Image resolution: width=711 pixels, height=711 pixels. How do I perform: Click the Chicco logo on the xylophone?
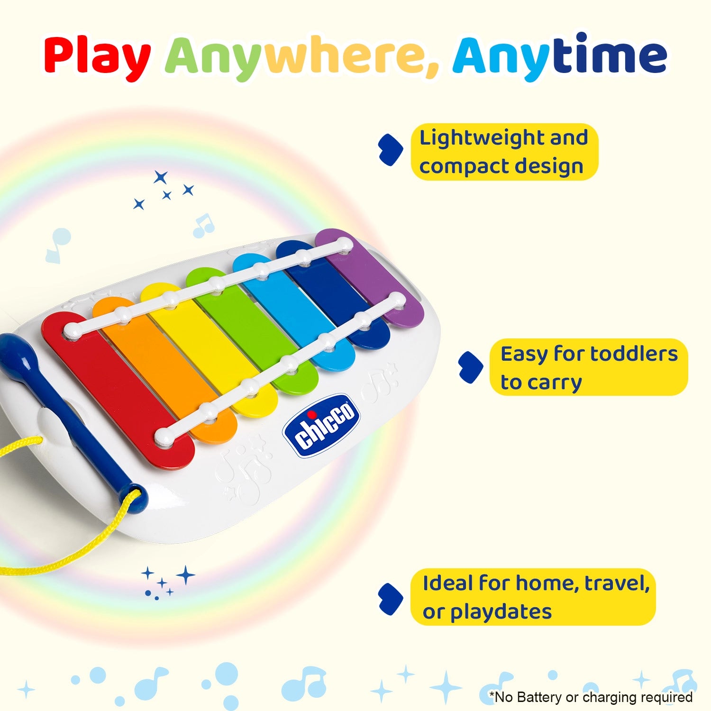coord(321,425)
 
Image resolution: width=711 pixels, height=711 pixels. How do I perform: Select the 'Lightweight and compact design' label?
coord(504,152)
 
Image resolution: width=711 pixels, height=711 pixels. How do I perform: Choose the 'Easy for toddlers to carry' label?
coord(588,367)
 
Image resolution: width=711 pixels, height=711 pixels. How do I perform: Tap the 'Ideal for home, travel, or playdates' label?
coord(533,597)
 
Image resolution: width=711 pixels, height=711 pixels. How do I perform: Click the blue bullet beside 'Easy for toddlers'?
coord(470,367)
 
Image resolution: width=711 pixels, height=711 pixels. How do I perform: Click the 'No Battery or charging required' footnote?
coord(591,697)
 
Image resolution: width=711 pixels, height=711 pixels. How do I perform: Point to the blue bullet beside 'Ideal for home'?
coord(391,599)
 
